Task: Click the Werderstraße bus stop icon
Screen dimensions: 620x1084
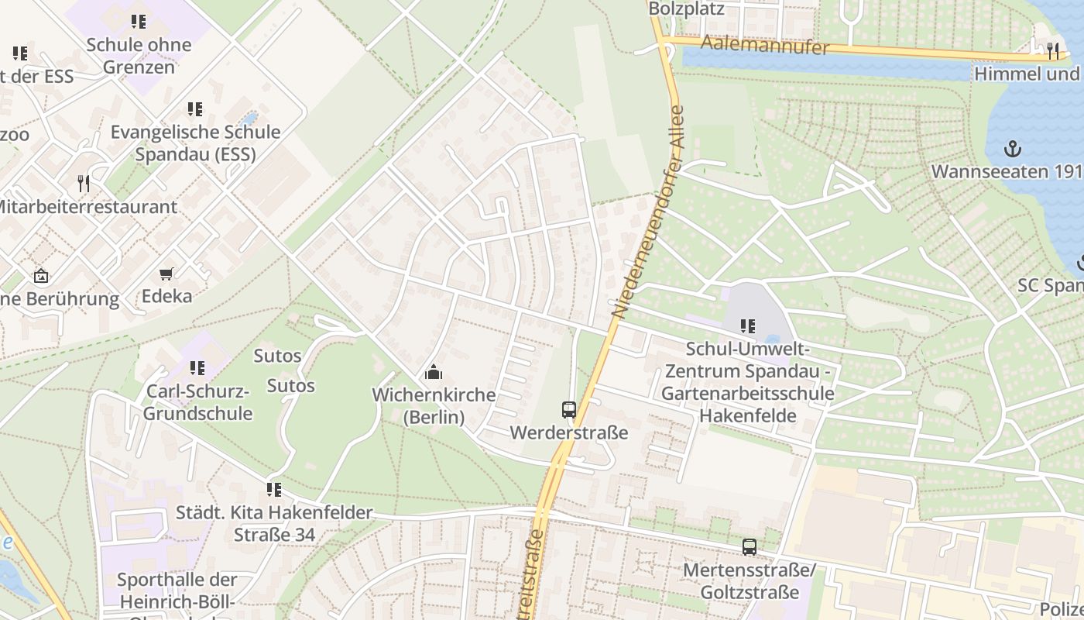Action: [569, 409]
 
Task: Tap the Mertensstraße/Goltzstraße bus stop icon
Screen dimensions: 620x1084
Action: [749, 547]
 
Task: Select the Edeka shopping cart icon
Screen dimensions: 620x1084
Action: [166, 274]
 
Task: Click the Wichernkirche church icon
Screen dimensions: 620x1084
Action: [434, 372]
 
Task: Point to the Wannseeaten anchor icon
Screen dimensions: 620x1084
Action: [1011, 148]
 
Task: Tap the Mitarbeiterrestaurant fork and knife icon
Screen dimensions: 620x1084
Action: [84, 184]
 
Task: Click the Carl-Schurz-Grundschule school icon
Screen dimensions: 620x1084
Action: [197, 367]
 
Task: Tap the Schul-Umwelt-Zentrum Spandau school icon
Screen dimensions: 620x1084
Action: [747, 325]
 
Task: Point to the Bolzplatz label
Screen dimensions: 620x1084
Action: [686, 9]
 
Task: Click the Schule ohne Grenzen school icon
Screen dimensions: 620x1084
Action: [138, 21]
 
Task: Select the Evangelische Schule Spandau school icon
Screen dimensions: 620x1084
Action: [194, 108]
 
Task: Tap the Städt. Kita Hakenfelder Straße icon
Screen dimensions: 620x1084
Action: [273, 489]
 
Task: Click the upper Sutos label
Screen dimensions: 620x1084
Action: [277, 356]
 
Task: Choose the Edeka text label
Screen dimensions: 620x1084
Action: [166, 296]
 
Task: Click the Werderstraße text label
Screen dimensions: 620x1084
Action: [569, 432]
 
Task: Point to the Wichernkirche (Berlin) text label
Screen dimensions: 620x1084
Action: [434, 406]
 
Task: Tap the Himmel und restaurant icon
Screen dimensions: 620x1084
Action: [1052, 50]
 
